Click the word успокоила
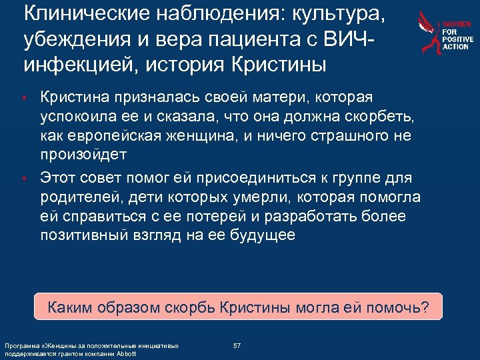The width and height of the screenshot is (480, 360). tap(82, 117)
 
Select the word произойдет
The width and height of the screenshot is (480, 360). tap(81, 153)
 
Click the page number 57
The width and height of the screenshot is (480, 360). tap(237, 345)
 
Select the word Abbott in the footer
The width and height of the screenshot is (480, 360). tap(125, 353)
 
